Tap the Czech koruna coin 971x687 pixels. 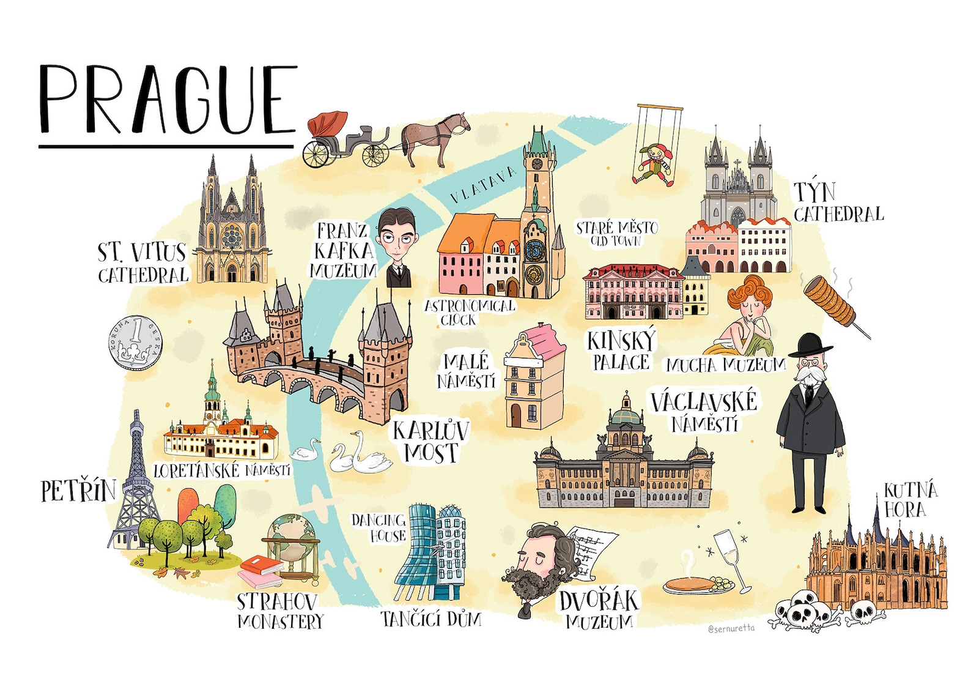click(x=135, y=343)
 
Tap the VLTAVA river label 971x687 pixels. click(x=482, y=185)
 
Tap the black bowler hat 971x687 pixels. click(x=810, y=346)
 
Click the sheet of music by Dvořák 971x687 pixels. click(x=591, y=551)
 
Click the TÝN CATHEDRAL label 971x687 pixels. click(x=838, y=203)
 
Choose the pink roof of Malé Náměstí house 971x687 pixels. click(x=543, y=340)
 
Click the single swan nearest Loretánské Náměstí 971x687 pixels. click(x=305, y=451)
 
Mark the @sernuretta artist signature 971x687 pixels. click(x=731, y=628)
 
